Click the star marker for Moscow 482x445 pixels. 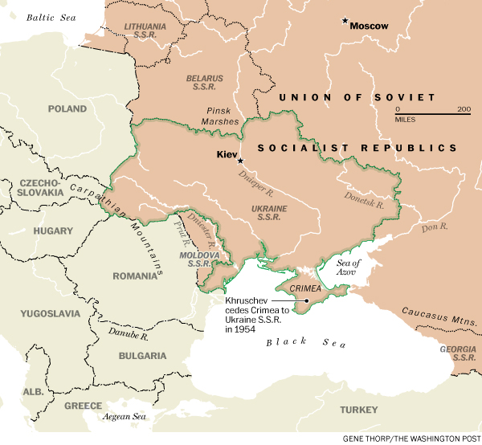[345, 21]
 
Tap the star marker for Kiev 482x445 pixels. [239, 161]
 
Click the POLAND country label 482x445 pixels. [67, 108]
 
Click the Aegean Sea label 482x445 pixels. [122, 417]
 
